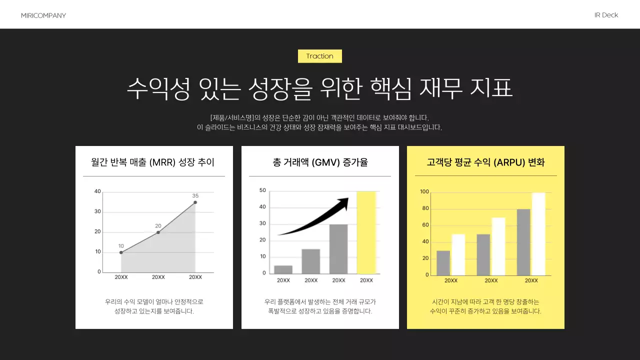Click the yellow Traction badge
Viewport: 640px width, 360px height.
[319, 56]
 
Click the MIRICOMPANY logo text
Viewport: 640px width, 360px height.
[43, 15]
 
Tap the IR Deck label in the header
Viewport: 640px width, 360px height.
[606, 15]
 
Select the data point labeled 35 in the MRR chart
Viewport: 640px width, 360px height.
[195, 202]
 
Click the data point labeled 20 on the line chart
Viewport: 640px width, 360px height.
[158, 232]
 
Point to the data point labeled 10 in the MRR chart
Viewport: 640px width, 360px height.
[121, 252]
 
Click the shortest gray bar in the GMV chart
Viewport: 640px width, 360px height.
[283, 269]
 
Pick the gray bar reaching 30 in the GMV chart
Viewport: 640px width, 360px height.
[338, 249]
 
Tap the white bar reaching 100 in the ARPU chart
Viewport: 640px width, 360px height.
[538, 234]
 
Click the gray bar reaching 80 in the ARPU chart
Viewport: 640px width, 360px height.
[523, 242]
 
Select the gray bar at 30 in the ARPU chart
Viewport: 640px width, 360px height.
[443, 263]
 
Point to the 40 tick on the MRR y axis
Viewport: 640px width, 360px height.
[97, 191]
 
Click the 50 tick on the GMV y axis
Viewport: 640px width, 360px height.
[262, 190]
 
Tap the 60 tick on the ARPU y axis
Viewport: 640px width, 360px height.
[425, 225]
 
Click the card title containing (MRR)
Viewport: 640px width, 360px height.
[153, 162]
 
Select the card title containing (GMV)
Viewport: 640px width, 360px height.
[320, 162]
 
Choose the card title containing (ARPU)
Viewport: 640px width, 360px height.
[485, 162]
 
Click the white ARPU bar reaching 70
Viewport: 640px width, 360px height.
[498, 246]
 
